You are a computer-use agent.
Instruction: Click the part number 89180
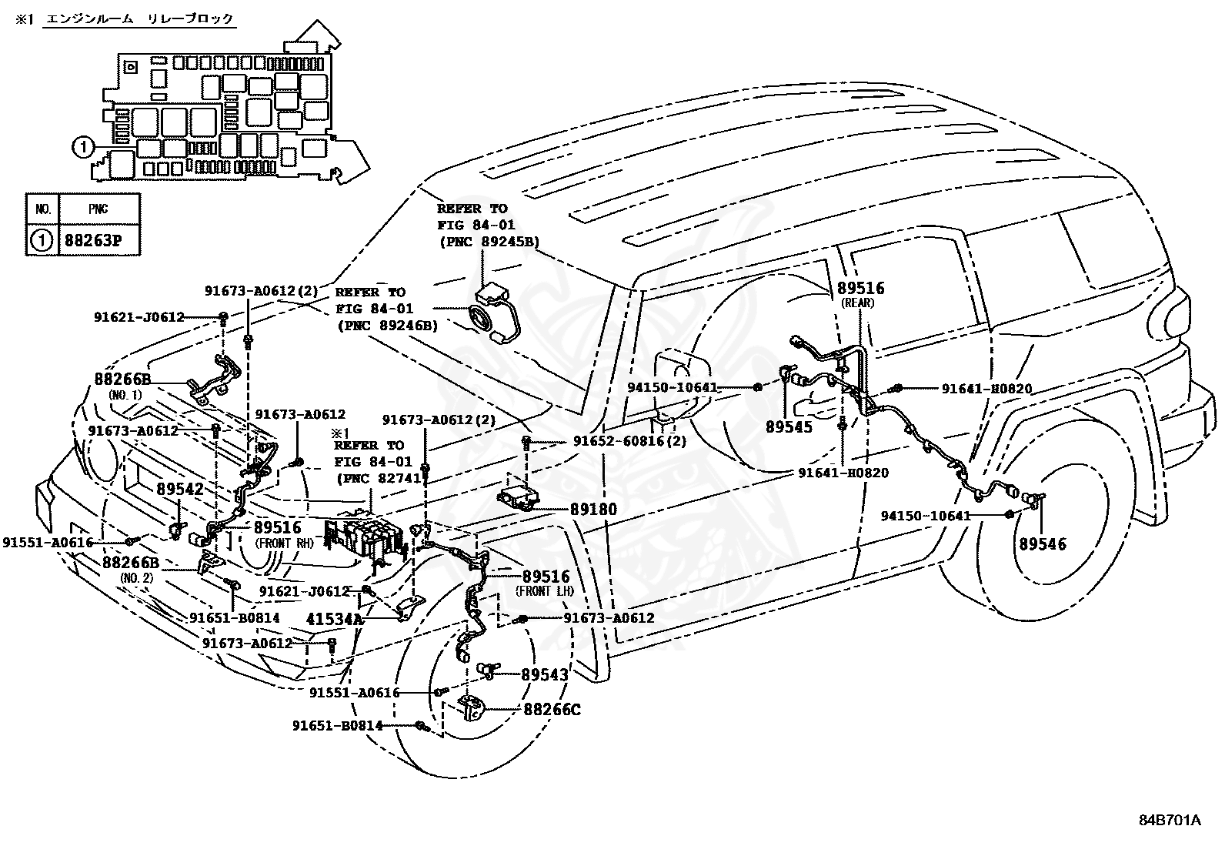click(x=593, y=510)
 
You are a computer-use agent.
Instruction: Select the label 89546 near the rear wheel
click(x=1043, y=544)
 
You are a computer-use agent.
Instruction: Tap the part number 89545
click(x=789, y=426)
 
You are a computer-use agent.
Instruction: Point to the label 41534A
click(x=335, y=619)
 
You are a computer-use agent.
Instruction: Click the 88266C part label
click(x=552, y=710)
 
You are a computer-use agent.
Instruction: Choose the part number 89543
click(x=545, y=674)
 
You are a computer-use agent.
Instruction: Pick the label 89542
click(x=180, y=490)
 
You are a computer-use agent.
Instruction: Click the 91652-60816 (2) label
click(x=629, y=441)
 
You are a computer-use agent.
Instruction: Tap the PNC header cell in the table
click(x=98, y=209)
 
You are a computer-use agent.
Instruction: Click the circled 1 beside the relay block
click(x=82, y=147)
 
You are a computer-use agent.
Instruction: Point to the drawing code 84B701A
click(x=1170, y=820)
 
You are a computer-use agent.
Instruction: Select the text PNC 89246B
click(x=389, y=326)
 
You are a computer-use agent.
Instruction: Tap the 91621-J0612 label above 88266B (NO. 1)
click(x=139, y=317)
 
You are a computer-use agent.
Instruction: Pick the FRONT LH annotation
click(x=545, y=591)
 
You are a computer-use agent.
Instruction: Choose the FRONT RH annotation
click(x=285, y=544)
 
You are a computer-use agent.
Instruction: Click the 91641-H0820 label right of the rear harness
click(x=986, y=389)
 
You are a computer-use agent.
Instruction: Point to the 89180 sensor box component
click(x=518, y=499)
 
